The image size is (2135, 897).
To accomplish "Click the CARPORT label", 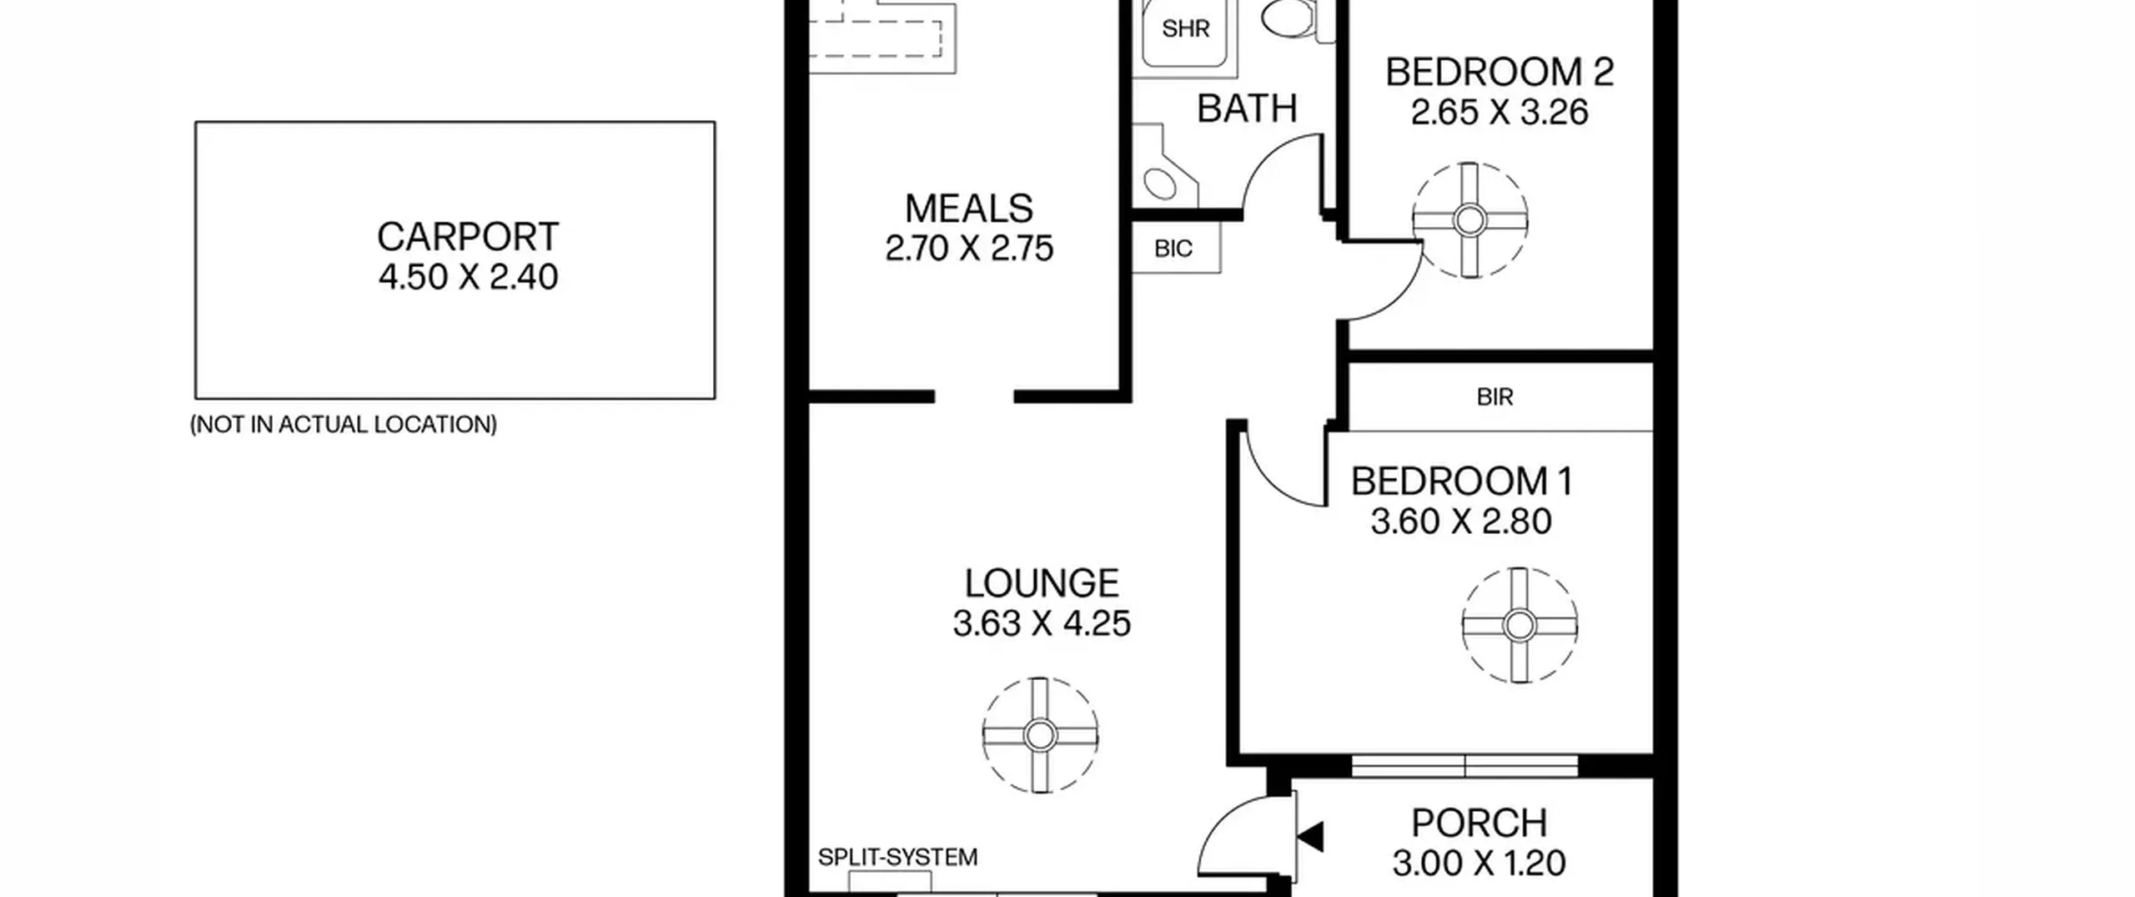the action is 468,237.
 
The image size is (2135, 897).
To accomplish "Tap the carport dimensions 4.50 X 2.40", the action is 468,277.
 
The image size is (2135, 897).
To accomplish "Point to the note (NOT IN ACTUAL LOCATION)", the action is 344,425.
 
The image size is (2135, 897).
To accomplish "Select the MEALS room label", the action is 969,209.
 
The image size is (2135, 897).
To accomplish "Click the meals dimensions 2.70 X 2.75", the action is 969,249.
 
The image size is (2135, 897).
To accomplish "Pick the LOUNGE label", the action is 1042,583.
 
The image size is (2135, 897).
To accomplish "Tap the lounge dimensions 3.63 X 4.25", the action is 1042,623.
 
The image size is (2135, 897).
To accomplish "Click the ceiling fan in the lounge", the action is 1040,735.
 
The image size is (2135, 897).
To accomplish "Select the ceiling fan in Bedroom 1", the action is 1520,625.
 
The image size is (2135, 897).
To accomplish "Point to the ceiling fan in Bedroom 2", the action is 1469,220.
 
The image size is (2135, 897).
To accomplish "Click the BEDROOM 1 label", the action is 1462,481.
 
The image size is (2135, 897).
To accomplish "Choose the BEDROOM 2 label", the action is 1500,73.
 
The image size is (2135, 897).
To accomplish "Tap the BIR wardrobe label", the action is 1494,397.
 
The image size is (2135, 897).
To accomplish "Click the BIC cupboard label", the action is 1173,249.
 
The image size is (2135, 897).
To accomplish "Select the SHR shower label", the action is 1185,29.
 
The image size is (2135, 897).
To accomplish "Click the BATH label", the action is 1247,109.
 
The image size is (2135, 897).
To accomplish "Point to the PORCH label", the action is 1479,824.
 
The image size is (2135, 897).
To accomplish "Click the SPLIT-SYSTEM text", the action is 897,858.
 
